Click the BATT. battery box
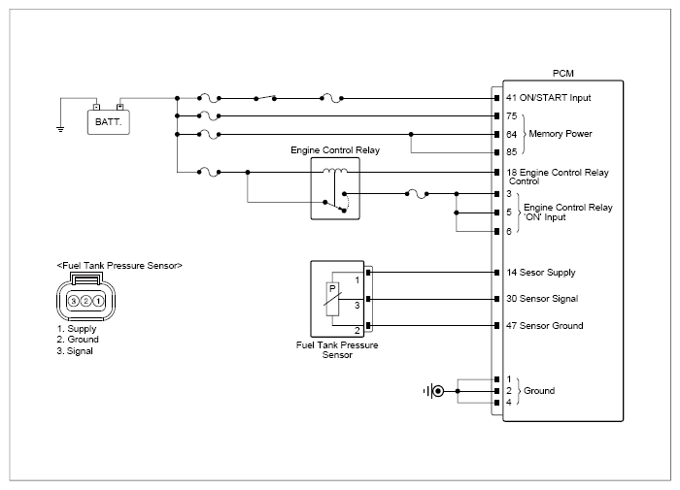coord(109,122)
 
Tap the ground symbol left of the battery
coord(60,129)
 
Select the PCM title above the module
coord(562,74)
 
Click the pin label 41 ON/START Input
coord(549,98)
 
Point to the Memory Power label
coord(561,134)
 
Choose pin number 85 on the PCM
coord(512,152)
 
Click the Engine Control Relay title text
coord(335,150)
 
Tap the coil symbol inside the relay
coord(335,171)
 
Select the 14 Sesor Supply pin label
coord(541,273)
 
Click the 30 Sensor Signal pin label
coord(542,299)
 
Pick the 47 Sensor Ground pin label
coord(545,326)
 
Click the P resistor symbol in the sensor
coord(332,299)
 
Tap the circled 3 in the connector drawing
coord(74,301)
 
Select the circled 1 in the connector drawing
coord(98,301)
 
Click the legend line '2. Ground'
coord(78,340)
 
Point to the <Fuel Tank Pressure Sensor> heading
coord(119,266)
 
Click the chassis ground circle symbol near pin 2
coord(438,391)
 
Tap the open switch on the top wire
coord(265,98)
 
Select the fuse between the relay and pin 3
coord(417,194)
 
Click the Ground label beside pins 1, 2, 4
coord(539,391)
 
